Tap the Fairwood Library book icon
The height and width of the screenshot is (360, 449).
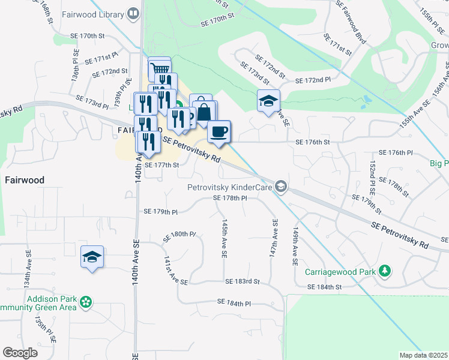[134, 13]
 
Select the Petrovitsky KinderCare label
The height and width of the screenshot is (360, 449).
[231, 188]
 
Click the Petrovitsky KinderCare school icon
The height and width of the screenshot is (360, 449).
[281, 188]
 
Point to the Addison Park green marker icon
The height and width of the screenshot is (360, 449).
[86, 302]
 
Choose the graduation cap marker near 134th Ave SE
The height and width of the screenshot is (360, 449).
[92, 257]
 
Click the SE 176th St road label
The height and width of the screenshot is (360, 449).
[313, 142]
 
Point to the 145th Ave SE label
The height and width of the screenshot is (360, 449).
[224, 238]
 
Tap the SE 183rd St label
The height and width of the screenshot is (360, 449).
[243, 281]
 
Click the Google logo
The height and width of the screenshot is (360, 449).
[20, 353]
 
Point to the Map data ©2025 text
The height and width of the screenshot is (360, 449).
[423, 355]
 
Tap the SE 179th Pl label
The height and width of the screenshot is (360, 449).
[161, 211]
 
